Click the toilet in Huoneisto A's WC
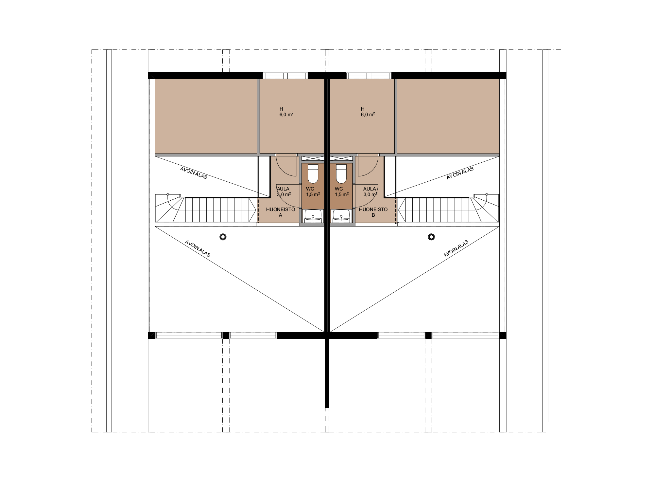(313, 174)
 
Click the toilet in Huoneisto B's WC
(341, 174)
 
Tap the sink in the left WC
(313, 216)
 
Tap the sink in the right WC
(341, 216)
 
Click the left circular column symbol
(223, 237)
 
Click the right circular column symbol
(431, 237)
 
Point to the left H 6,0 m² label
(286, 112)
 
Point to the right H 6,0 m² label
(368, 112)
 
